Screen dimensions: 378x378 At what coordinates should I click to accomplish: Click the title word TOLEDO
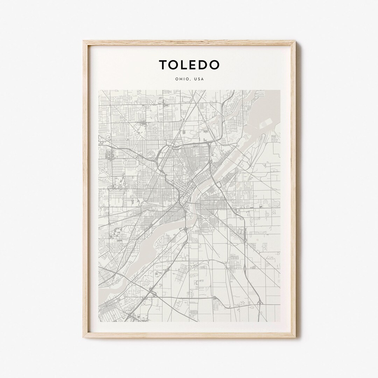point(189,65)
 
